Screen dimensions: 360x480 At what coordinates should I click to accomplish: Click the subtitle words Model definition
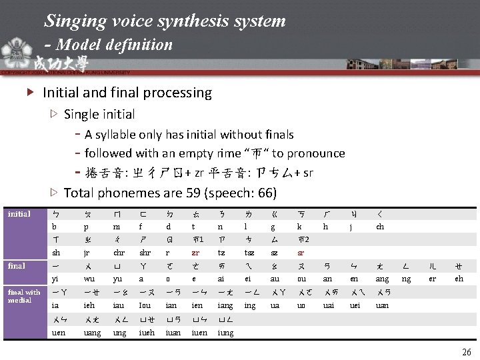point(115,45)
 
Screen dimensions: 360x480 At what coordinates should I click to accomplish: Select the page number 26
point(465,352)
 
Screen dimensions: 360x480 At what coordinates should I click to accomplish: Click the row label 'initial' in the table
point(19,213)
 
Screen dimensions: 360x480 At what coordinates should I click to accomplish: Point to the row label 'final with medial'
point(24,295)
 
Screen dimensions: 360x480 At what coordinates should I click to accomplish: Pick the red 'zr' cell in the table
point(195,253)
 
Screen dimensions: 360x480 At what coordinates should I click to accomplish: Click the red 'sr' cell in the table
point(301,253)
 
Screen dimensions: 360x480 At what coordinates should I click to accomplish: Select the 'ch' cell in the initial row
point(380,227)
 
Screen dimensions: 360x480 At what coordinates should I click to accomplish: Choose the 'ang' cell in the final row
point(382,279)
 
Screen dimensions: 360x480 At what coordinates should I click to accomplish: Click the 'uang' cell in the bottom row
point(93,332)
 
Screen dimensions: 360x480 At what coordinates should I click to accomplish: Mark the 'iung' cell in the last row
point(226,332)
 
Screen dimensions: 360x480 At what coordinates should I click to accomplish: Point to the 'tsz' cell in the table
point(249,253)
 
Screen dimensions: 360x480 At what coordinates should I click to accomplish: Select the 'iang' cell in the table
point(225,305)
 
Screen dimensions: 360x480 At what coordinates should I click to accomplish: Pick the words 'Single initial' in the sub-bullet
point(99,114)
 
